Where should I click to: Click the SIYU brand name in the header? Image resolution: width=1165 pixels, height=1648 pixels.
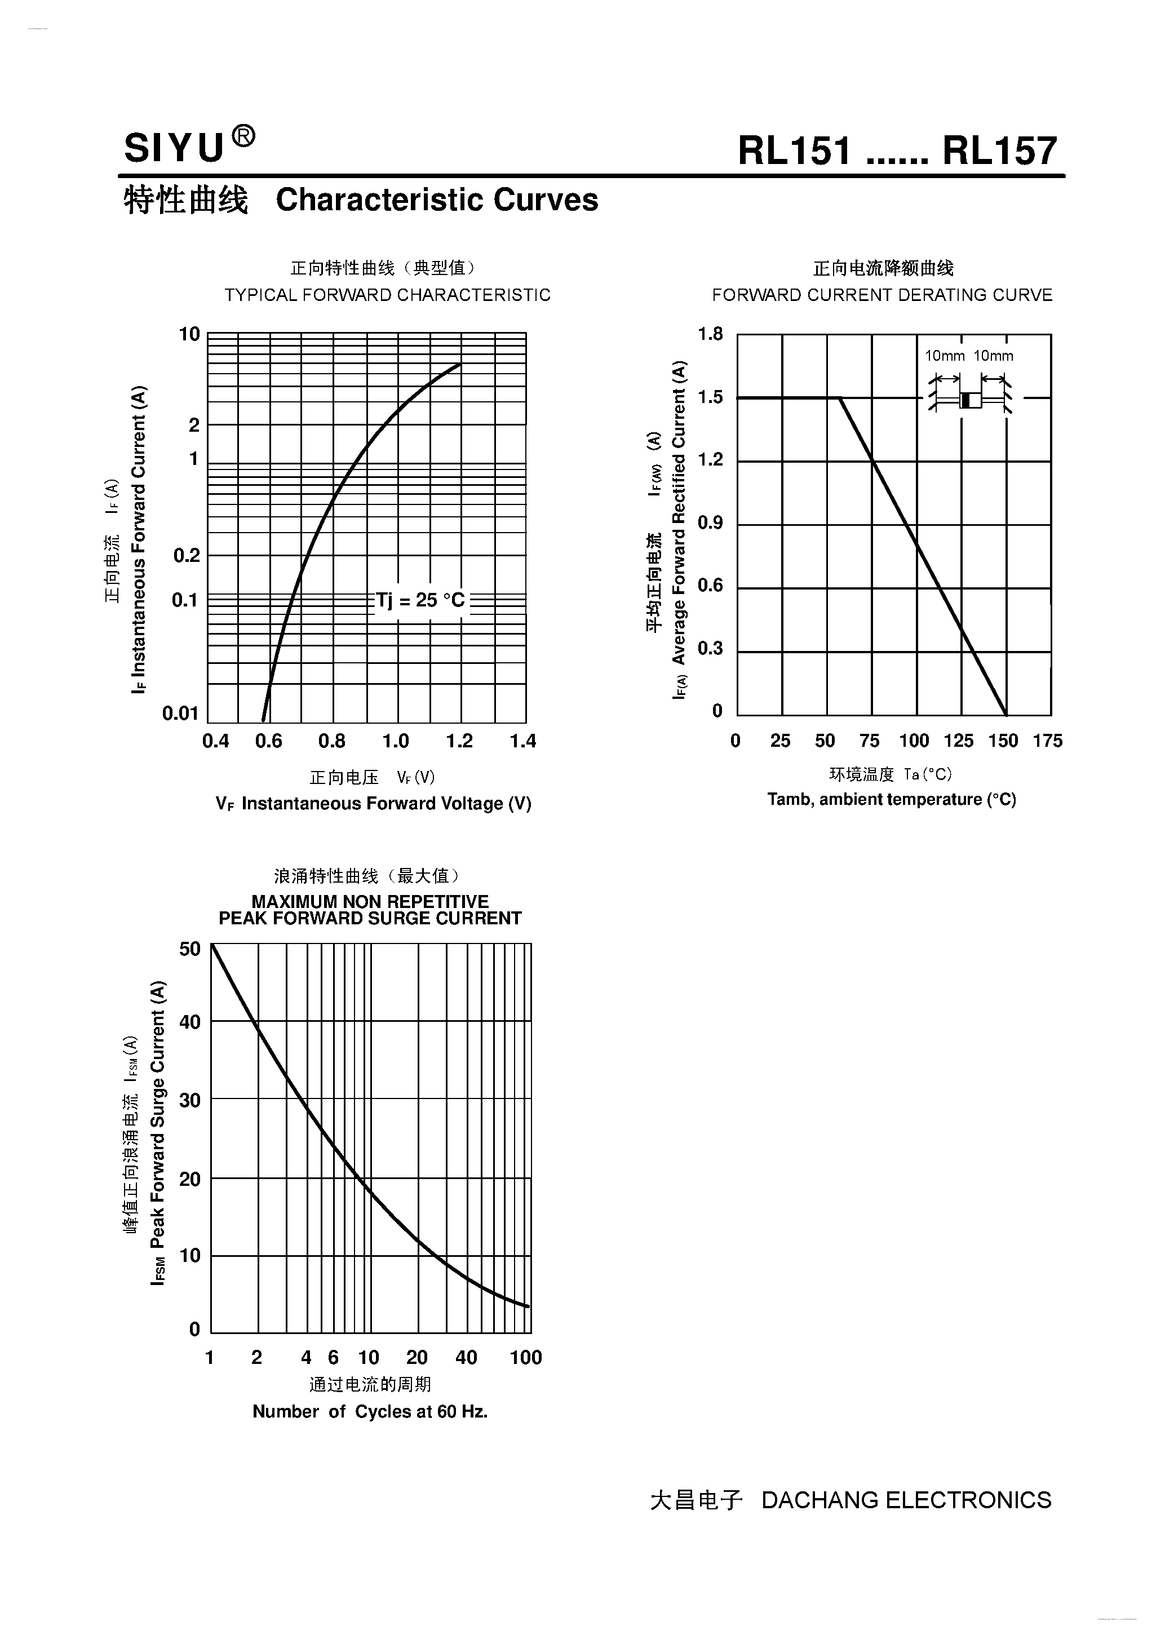(174, 149)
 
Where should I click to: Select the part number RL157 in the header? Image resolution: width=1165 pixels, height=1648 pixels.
(1000, 150)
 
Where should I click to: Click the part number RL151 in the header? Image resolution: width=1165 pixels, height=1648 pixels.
(795, 150)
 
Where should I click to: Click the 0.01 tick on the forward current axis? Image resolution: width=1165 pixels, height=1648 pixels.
(180, 713)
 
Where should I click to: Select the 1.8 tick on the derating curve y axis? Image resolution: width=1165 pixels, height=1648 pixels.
(711, 334)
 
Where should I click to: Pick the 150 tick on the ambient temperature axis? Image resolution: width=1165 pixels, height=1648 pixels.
(1003, 741)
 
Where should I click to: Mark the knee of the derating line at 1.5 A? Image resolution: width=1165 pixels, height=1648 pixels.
(840, 398)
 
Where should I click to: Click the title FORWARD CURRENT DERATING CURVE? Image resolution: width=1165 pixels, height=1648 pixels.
(882, 295)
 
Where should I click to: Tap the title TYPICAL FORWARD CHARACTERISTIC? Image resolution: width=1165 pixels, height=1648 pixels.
(388, 295)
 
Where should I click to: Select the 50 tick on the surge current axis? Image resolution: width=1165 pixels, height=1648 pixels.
(190, 949)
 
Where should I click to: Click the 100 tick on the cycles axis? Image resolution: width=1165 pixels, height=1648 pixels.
(526, 1357)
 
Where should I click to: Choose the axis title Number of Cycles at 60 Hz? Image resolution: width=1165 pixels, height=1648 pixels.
(370, 1412)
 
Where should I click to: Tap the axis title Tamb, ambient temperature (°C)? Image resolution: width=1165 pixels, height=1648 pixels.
(892, 800)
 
